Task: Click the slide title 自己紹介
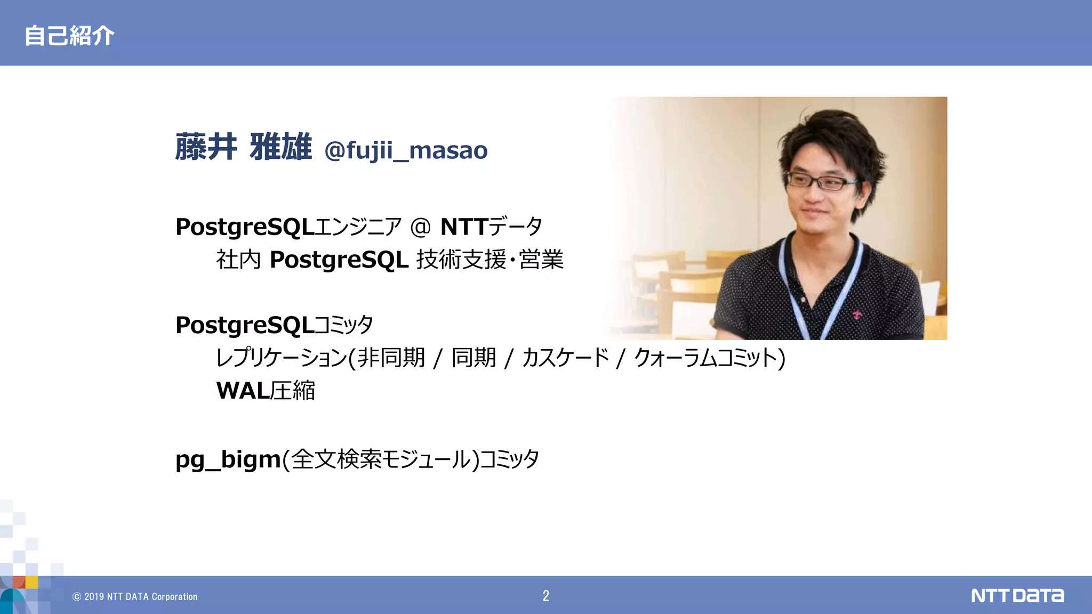[x=69, y=36]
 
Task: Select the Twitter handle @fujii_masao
[x=406, y=150]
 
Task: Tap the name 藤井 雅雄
[x=243, y=147]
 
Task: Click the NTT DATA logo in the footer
[x=1017, y=595]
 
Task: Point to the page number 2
[x=545, y=596]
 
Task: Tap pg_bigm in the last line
[x=228, y=459]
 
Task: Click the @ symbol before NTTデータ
[x=420, y=227]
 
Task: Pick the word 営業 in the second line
[x=541, y=260]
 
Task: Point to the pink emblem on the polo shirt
[x=857, y=314]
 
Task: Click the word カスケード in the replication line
[x=565, y=358]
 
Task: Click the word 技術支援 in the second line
[x=461, y=260]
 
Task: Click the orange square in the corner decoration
[x=19, y=581]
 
